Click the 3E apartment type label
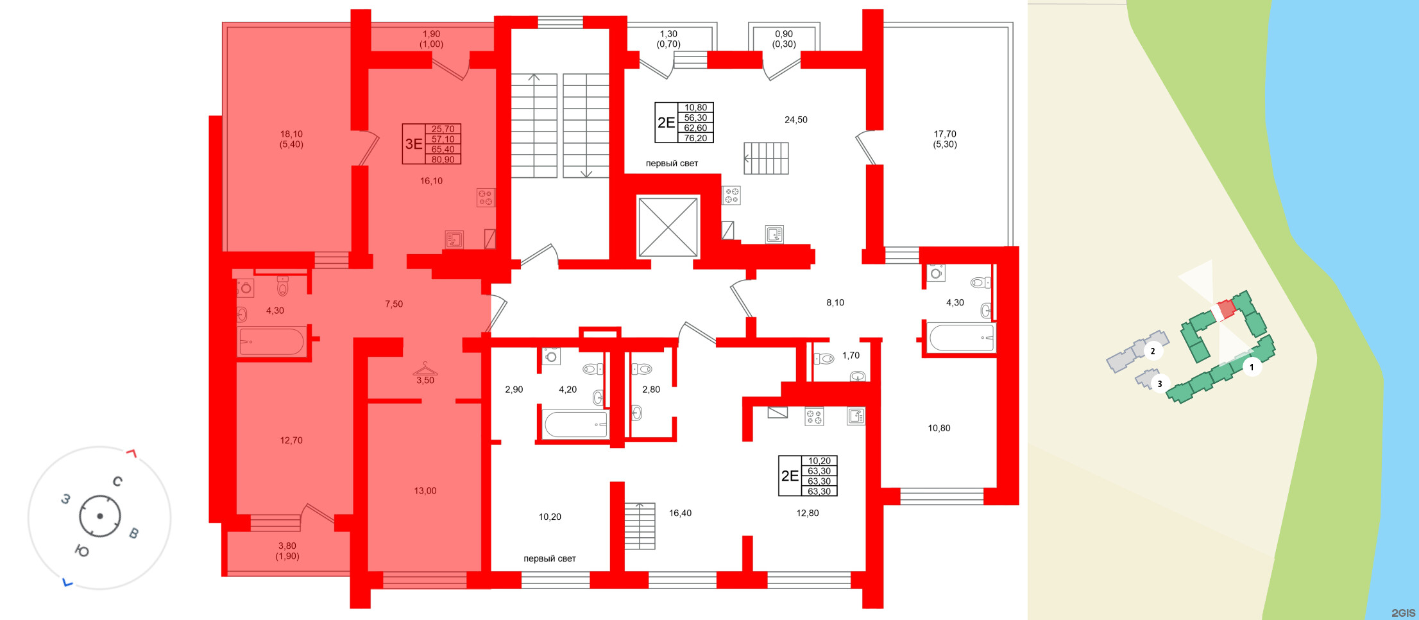coord(414,144)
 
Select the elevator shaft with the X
coord(668,227)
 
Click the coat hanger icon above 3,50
coord(425,370)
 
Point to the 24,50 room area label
coord(795,120)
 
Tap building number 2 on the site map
coord(1152,351)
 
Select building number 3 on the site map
coord(1159,384)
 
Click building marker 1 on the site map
coord(1251,367)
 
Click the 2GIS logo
coord(1403,612)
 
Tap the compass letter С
coord(117,481)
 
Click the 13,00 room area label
coord(425,491)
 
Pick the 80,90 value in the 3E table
coord(443,160)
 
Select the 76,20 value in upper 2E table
coord(695,138)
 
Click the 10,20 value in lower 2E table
coord(819,461)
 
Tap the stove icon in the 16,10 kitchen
coord(486,197)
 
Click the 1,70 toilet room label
coord(851,356)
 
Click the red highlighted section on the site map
coord(1226,309)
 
